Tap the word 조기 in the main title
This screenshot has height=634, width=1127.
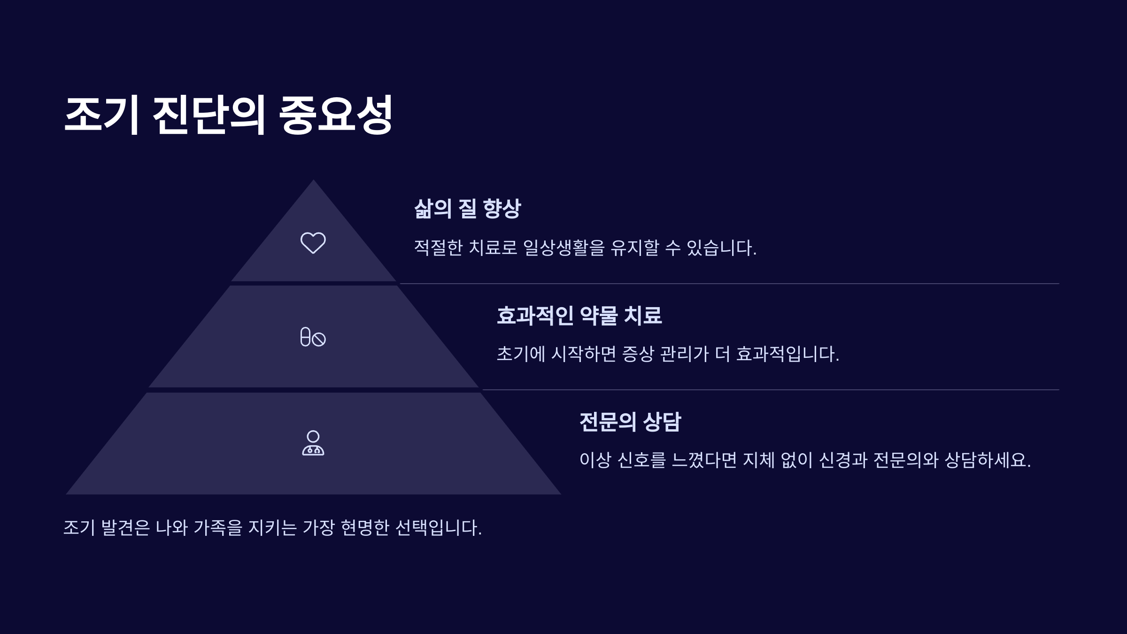pos(102,115)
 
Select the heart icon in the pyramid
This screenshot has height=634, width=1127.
pos(313,243)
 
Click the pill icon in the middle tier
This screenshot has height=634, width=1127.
pos(313,337)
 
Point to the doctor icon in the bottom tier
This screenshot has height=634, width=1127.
pos(313,443)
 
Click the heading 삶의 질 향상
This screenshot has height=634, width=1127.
pos(467,209)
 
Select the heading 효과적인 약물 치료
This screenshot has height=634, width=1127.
pos(579,315)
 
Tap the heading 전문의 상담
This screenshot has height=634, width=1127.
pos(630,422)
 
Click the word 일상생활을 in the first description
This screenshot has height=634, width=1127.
pos(564,247)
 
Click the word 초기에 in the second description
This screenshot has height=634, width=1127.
pos(521,354)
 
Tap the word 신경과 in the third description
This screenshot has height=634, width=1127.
pos(843,460)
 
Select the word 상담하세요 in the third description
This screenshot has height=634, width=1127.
pos(987,460)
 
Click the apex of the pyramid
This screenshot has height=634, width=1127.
pos(313,180)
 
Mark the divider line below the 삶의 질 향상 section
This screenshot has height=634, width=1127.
pos(729,284)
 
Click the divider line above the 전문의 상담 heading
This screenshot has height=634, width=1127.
pos(771,390)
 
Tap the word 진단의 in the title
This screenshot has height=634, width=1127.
pos(209,115)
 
